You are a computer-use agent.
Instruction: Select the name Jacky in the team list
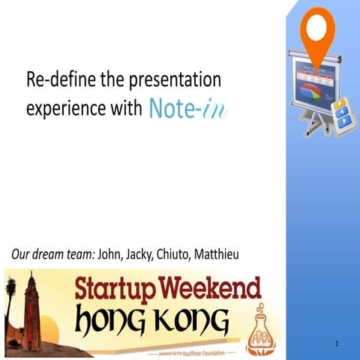(x=146, y=255)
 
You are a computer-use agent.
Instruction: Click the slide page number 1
(x=338, y=343)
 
